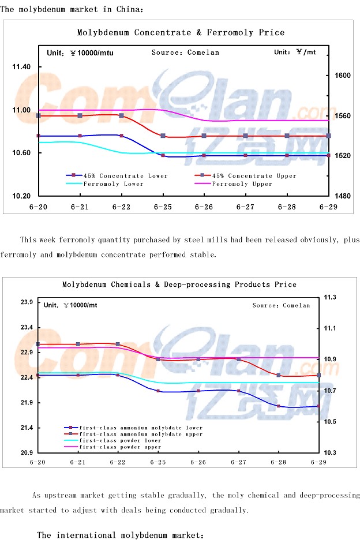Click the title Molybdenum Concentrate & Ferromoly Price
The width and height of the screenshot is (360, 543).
coord(181,33)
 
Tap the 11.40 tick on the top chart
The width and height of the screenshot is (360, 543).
coord(21,68)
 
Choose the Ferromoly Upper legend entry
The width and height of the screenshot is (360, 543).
coord(242,184)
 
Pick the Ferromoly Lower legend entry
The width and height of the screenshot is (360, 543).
coord(113,184)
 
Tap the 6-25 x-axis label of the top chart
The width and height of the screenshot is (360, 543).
coord(163,206)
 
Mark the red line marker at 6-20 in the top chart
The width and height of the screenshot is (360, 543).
coord(38,116)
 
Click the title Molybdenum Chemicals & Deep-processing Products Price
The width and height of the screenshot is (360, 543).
coord(179,284)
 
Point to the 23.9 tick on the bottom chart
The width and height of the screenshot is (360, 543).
coord(26,302)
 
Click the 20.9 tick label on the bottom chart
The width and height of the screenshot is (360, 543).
coord(26,453)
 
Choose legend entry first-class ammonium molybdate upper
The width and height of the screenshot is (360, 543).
coord(141,434)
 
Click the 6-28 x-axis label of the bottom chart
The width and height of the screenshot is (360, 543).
coord(279,462)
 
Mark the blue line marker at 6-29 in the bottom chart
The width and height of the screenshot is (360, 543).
coord(318,406)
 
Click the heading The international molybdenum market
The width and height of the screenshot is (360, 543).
coord(121,535)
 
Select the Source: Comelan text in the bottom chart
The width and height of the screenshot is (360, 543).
coord(281,305)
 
